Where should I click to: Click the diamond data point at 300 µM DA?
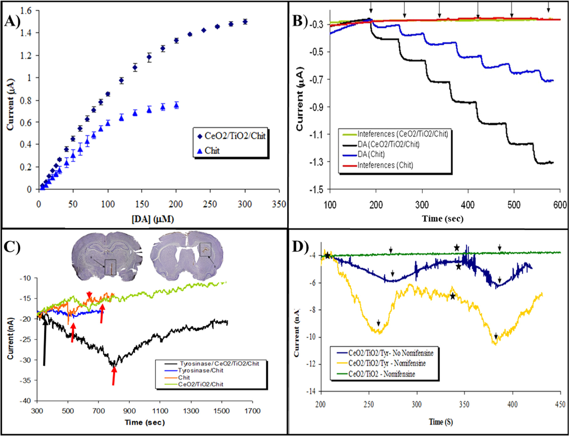[245, 22]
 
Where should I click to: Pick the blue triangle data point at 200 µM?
[176, 105]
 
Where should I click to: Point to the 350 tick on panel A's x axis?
[279, 204]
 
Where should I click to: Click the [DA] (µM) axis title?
[153, 219]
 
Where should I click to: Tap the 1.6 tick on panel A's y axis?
[26, 11]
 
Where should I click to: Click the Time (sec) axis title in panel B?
[443, 218]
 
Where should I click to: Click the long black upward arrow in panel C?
[45, 341]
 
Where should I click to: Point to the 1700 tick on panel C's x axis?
[252, 411]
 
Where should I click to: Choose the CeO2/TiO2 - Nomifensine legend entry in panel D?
[382, 374]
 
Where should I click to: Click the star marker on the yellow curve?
[453, 296]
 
